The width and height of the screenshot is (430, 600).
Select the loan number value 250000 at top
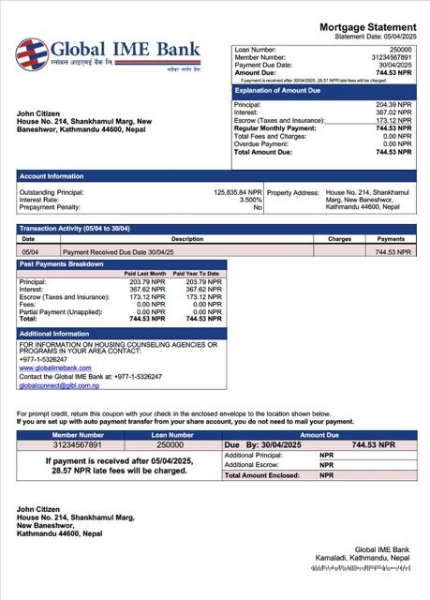(400, 48)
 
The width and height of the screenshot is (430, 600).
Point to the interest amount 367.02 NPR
(393, 112)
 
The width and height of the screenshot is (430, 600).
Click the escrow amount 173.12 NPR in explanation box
(393, 121)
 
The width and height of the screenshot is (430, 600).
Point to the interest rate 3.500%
(250, 199)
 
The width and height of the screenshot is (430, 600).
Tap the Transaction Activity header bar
(75, 229)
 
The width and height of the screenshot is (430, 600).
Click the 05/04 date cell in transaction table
(30, 252)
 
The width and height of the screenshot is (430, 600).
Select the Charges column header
(339, 239)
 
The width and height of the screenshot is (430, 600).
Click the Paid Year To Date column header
(197, 273)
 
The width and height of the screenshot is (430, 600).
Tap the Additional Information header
(54, 334)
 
